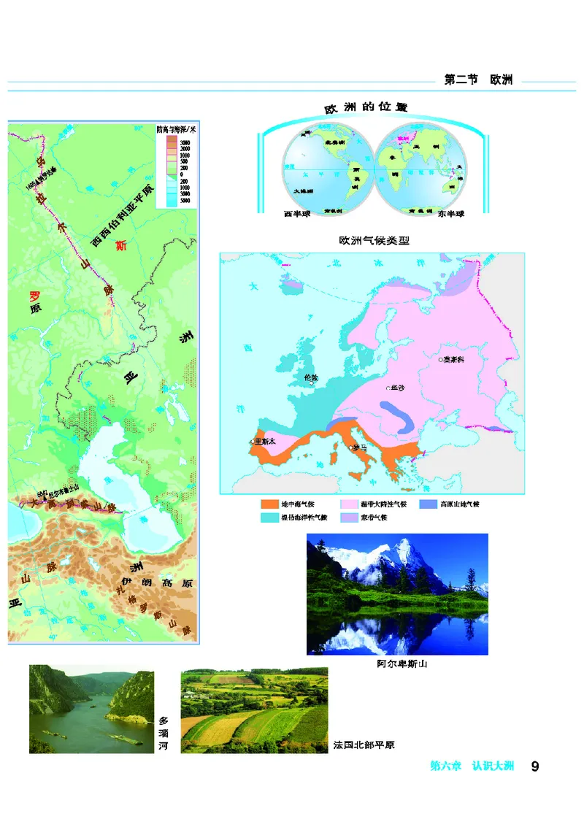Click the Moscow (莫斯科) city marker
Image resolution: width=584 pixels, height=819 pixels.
pyautogui.click(x=439, y=359)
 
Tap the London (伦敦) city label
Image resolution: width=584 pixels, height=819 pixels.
pyautogui.click(x=310, y=378)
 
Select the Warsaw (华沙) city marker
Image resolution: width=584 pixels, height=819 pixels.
pyautogui.click(x=388, y=389)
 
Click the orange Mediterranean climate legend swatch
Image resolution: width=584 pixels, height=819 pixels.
pyautogui.click(x=269, y=504)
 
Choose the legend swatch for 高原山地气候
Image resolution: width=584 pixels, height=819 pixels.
pyautogui.click(x=429, y=504)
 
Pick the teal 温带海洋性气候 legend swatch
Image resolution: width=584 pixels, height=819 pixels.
pyautogui.click(x=269, y=517)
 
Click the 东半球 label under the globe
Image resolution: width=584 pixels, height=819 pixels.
pyautogui.click(x=451, y=214)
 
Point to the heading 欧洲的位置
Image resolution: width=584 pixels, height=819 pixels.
pyautogui.click(x=365, y=107)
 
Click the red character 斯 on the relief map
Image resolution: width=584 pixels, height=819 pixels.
pyautogui.click(x=121, y=246)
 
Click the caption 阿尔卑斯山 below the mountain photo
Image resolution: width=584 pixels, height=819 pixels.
pyautogui.click(x=397, y=664)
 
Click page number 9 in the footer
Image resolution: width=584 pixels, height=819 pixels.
pyautogui.click(x=535, y=766)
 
